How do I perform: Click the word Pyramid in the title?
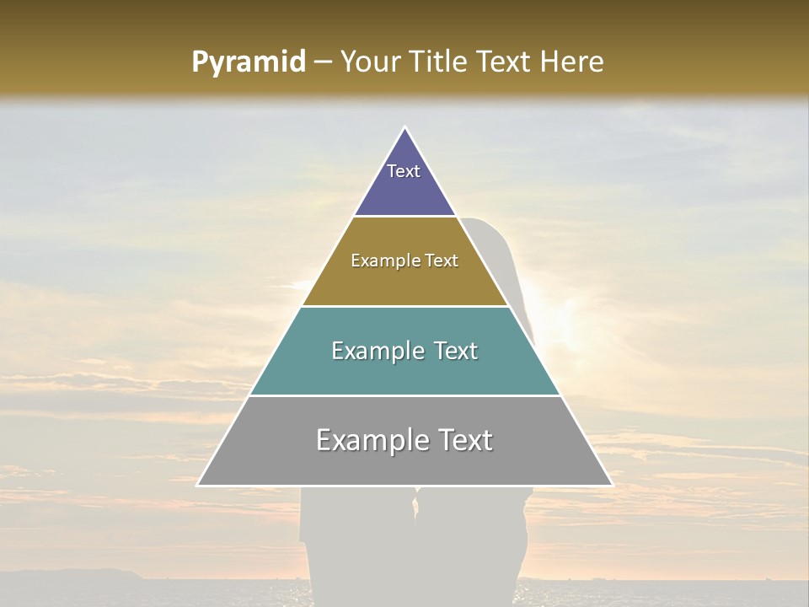coord(248,62)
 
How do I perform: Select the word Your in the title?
coord(371,62)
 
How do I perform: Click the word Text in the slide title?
coord(506,62)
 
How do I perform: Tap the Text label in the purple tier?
coord(404,171)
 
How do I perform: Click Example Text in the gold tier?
coord(404,261)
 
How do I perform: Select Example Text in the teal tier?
coord(404,351)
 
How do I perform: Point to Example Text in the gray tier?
coord(404,440)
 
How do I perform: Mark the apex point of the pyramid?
coord(405,128)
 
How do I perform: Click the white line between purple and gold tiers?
coord(404,217)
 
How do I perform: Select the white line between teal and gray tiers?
coord(404,395)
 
